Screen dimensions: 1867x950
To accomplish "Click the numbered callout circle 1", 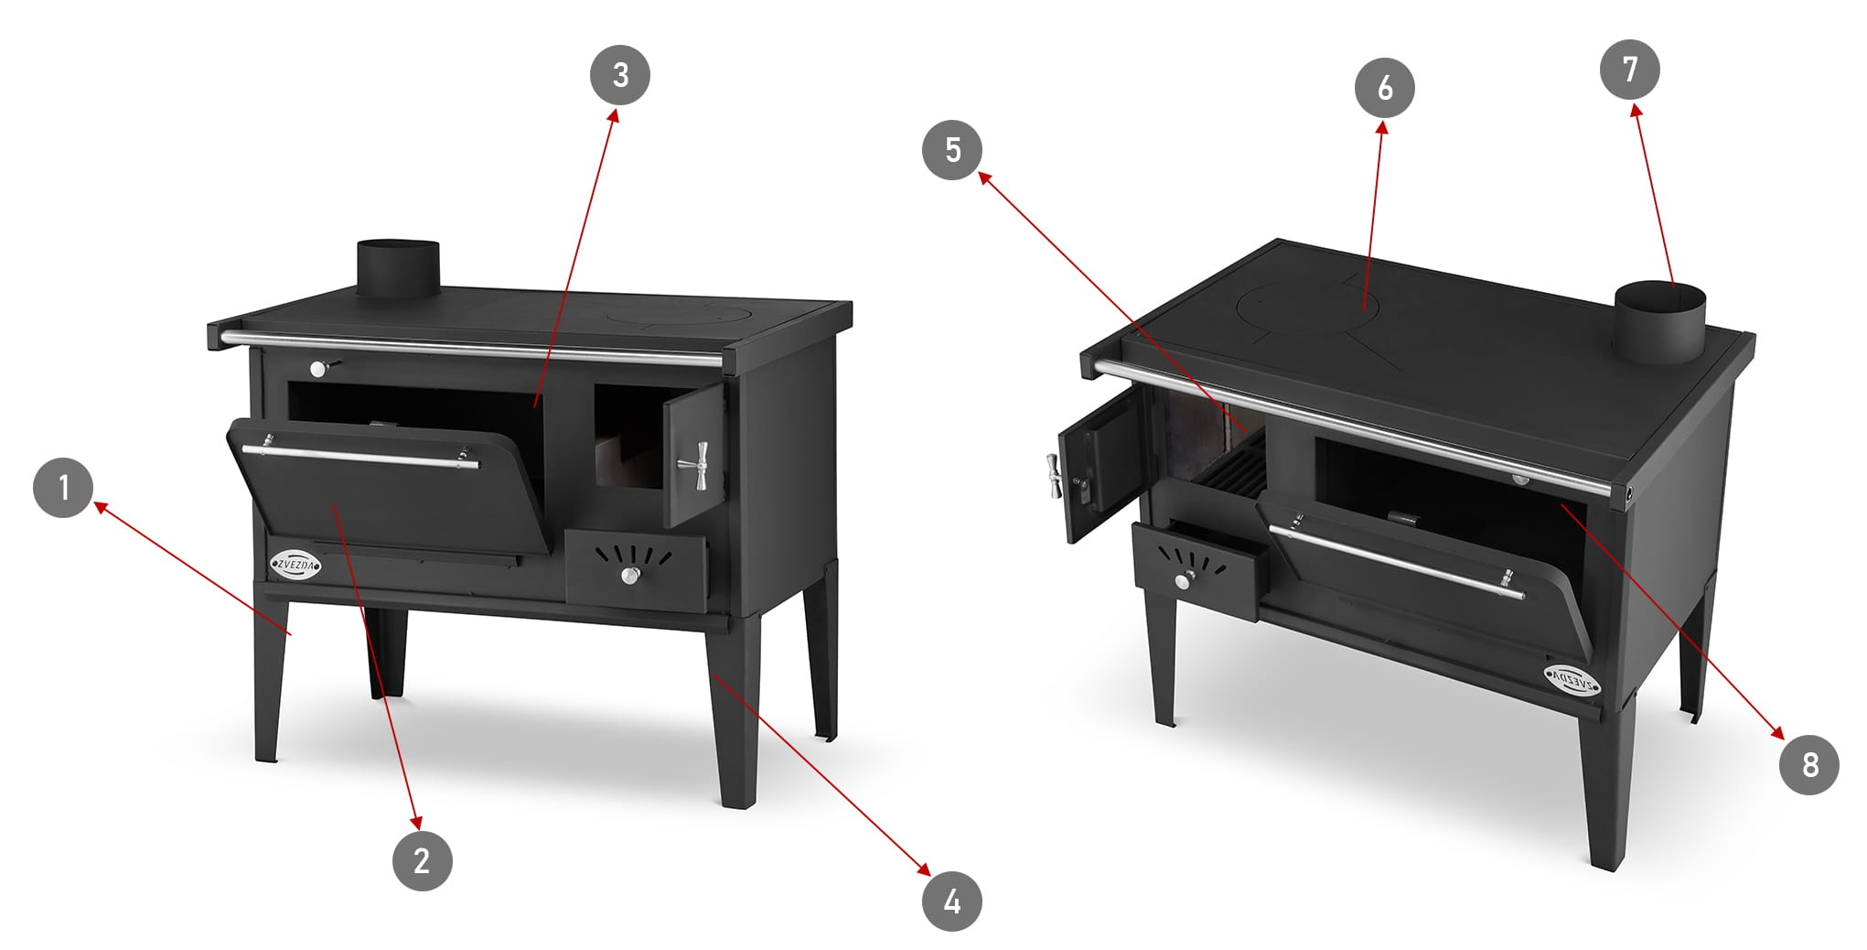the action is click(x=63, y=487).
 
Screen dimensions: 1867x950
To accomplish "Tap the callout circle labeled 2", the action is click(x=422, y=860).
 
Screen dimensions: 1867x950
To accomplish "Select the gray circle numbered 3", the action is click(x=620, y=75).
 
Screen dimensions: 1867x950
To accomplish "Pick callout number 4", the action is click(x=952, y=901).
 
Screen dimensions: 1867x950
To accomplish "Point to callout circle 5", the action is click(x=952, y=149).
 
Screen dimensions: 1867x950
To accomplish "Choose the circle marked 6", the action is click(x=1385, y=88).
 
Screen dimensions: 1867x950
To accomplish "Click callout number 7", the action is click(x=1630, y=70).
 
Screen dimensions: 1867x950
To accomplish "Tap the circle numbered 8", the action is click(x=1809, y=765).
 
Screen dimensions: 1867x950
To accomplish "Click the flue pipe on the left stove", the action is click(x=398, y=268).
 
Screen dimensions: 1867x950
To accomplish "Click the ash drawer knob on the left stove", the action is click(x=630, y=575).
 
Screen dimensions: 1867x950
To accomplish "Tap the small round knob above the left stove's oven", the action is click(x=319, y=368).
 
